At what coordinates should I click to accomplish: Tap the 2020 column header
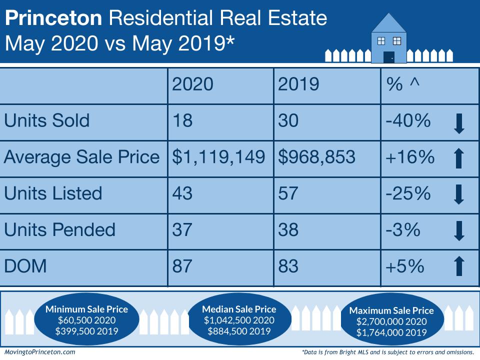pyautogui.click(x=192, y=84)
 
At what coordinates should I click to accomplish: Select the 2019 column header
pyautogui.click(x=298, y=84)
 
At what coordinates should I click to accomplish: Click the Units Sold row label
pyautogui.click(x=47, y=120)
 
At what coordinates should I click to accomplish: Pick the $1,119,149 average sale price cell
pyautogui.click(x=218, y=157)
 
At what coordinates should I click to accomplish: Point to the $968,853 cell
pyautogui.click(x=317, y=157)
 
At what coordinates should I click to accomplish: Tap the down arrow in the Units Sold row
pyautogui.click(x=459, y=123)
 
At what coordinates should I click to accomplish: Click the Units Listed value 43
pyautogui.click(x=182, y=193)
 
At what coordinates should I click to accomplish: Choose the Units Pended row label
pyautogui.click(x=59, y=229)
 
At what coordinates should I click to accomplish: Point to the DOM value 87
pyautogui.click(x=182, y=266)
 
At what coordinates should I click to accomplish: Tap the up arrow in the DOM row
pyautogui.click(x=459, y=266)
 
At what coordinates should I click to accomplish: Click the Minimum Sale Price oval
pyautogui.click(x=86, y=320)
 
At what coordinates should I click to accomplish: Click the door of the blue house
pyautogui.click(x=389, y=56)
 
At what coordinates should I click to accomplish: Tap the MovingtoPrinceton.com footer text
pyautogui.click(x=39, y=352)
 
